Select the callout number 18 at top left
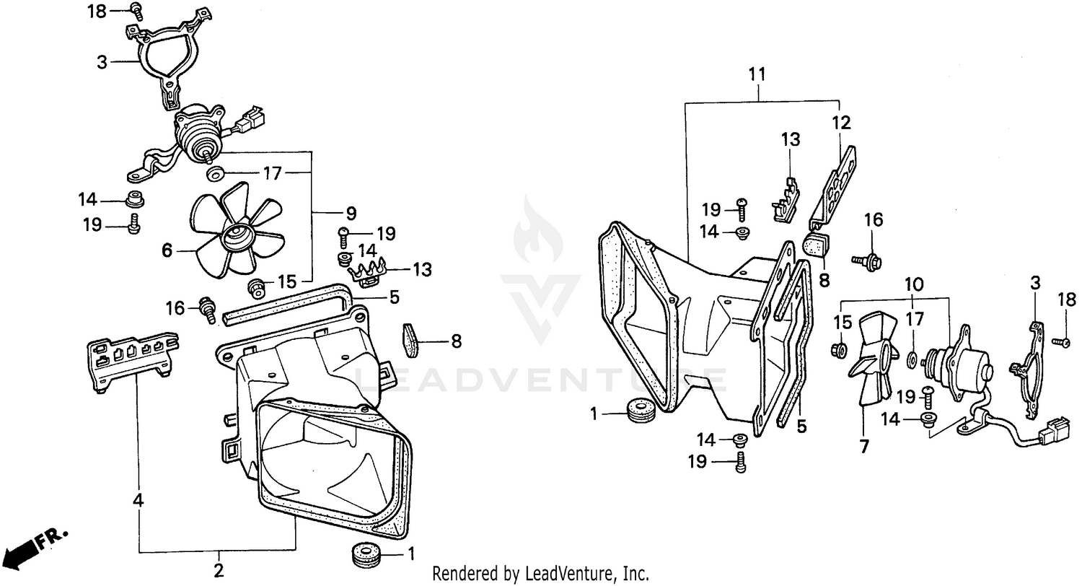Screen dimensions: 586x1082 [96, 11]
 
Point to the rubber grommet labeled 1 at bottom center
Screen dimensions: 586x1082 [367, 556]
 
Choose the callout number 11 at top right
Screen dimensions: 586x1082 [757, 74]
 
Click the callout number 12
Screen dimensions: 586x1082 [842, 123]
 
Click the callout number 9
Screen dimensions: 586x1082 [351, 213]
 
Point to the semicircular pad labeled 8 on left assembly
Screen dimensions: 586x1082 [410, 340]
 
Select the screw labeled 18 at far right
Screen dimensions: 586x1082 [1061, 341]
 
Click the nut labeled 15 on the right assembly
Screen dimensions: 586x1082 [840, 351]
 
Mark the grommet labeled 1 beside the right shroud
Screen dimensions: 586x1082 [640, 411]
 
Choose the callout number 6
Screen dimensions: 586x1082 [167, 250]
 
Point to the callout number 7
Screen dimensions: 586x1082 [863, 447]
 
